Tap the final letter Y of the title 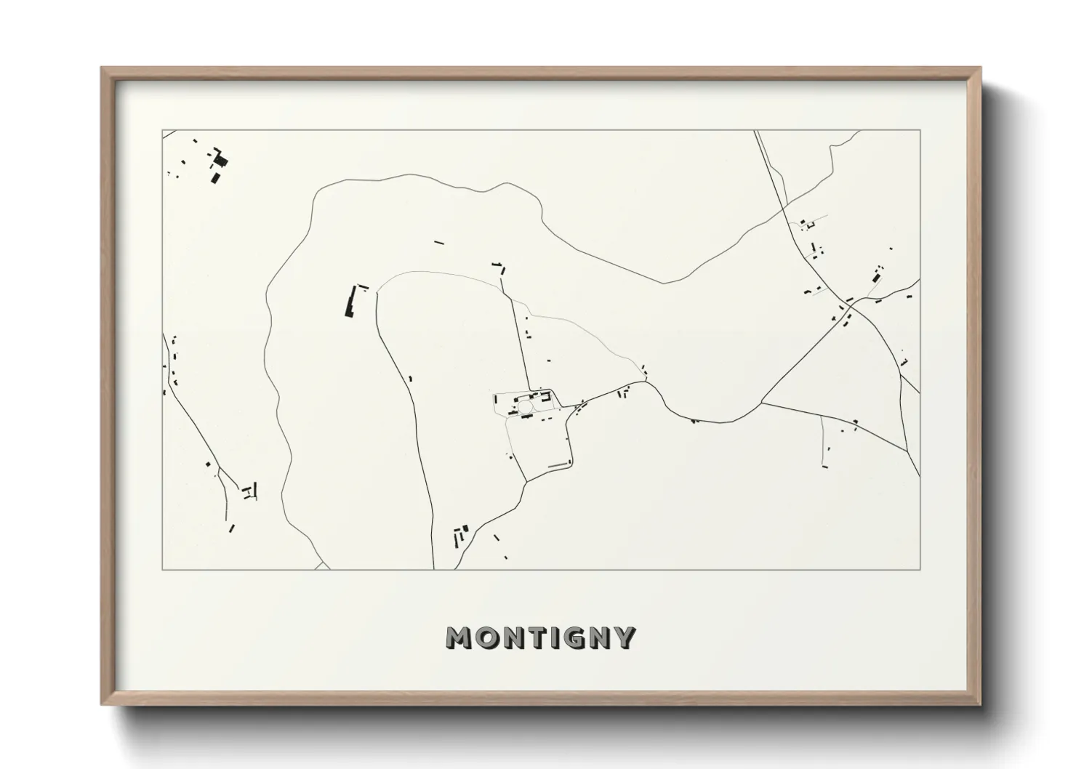click(x=626, y=638)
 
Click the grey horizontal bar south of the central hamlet click(x=558, y=464)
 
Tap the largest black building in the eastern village click(x=878, y=278)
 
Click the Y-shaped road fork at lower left click(x=238, y=486)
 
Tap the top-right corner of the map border click(x=920, y=131)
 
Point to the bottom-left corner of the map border click(x=162, y=569)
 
